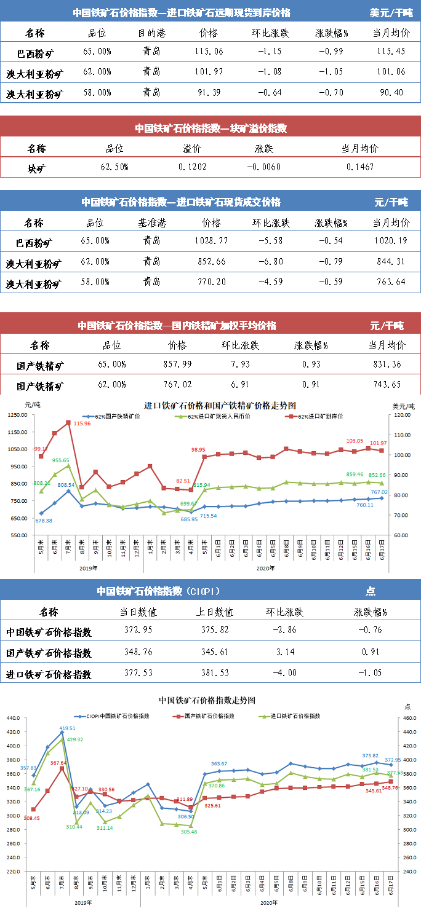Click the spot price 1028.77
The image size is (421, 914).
(210, 242)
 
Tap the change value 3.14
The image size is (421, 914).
(284, 652)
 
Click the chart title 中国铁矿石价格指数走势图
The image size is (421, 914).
(207, 700)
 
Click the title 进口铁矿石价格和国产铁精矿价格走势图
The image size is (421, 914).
(220, 406)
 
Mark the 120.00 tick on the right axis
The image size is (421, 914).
(401, 415)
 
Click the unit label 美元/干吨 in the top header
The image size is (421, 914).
(391, 12)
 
